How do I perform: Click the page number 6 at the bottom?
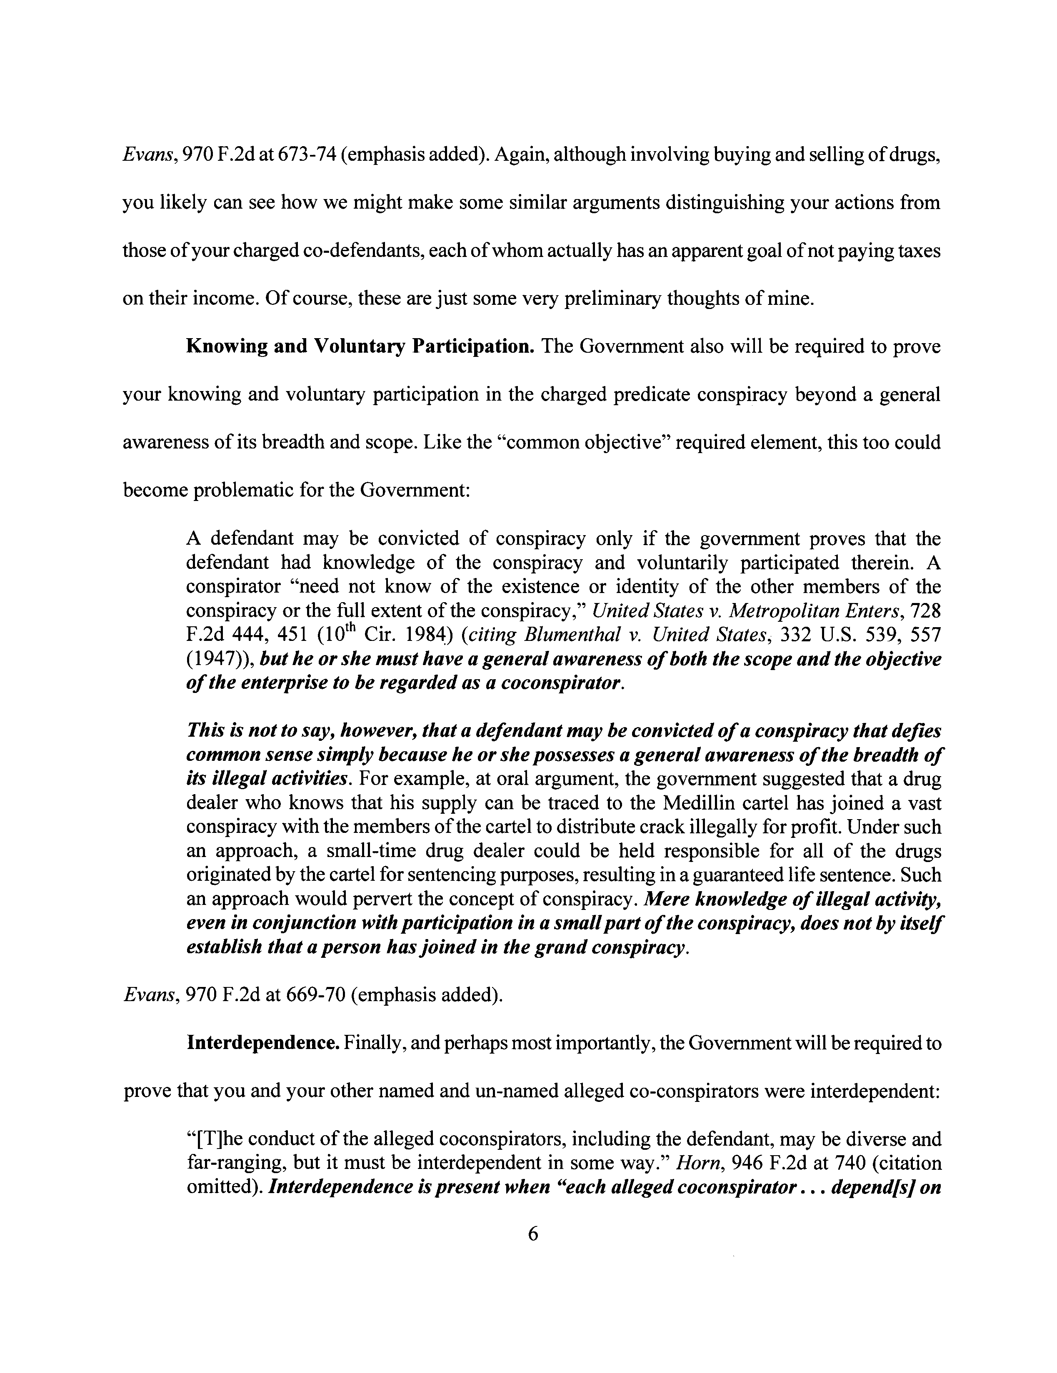(x=532, y=1234)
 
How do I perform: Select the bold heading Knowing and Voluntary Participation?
(x=360, y=346)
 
